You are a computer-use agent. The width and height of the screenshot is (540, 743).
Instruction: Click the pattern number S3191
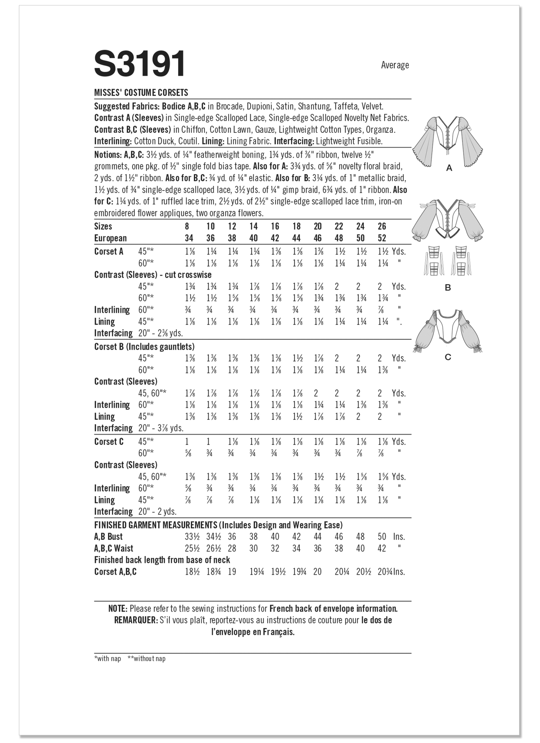pos(139,64)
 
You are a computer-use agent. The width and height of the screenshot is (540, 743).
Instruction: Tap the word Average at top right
pos(395,65)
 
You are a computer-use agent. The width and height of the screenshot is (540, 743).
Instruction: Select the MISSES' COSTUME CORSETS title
pos(141,93)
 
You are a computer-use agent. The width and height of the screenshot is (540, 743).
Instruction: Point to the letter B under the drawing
pos(448,287)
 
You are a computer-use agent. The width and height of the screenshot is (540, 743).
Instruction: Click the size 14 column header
pos(253,226)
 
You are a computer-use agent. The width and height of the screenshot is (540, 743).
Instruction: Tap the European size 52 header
pos(382,238)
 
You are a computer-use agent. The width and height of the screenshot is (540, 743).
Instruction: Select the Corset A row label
pos(109,252)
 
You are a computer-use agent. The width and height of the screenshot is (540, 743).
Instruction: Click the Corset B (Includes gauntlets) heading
pos(144,347)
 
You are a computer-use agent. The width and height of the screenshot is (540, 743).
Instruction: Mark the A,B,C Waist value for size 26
pos(382,548)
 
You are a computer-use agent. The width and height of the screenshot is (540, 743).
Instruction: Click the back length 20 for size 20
pos(318,572)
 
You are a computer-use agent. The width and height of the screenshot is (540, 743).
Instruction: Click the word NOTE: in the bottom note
pos(118,609)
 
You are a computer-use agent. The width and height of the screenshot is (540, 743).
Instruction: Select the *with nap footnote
pos(108,659)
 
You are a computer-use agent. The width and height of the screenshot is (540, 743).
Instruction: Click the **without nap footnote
pos(147,659)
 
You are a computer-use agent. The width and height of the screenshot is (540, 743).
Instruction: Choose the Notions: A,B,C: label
pos(119,154)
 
